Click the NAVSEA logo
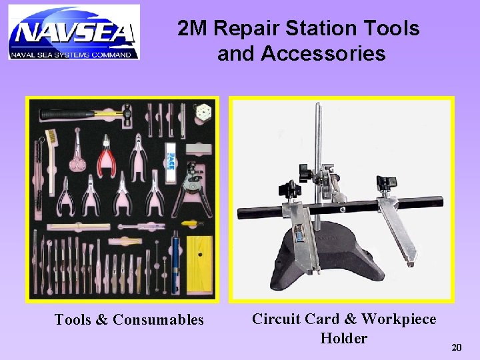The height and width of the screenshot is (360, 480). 74,33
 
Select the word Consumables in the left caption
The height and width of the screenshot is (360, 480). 159,320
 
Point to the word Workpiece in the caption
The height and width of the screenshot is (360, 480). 399,319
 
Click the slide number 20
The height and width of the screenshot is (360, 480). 457,347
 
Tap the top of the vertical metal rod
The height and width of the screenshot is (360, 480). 317,107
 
